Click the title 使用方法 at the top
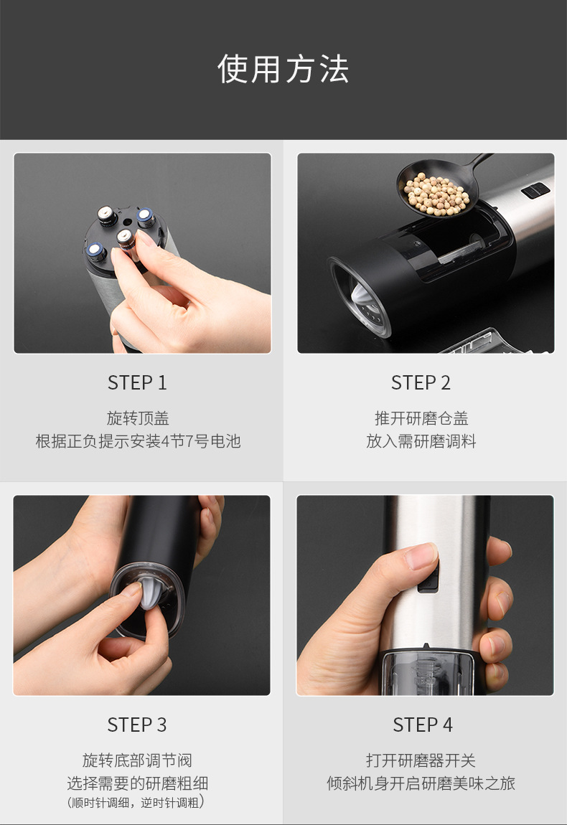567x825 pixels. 283,69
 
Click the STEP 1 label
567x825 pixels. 137,383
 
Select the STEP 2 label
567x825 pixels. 421,383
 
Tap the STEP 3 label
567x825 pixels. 137,725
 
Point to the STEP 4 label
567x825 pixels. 423,725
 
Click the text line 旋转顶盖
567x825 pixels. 138,418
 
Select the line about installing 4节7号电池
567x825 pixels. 138,441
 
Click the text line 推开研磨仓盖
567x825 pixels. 421,418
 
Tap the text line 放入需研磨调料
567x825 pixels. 421,441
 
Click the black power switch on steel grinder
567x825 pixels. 428,577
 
